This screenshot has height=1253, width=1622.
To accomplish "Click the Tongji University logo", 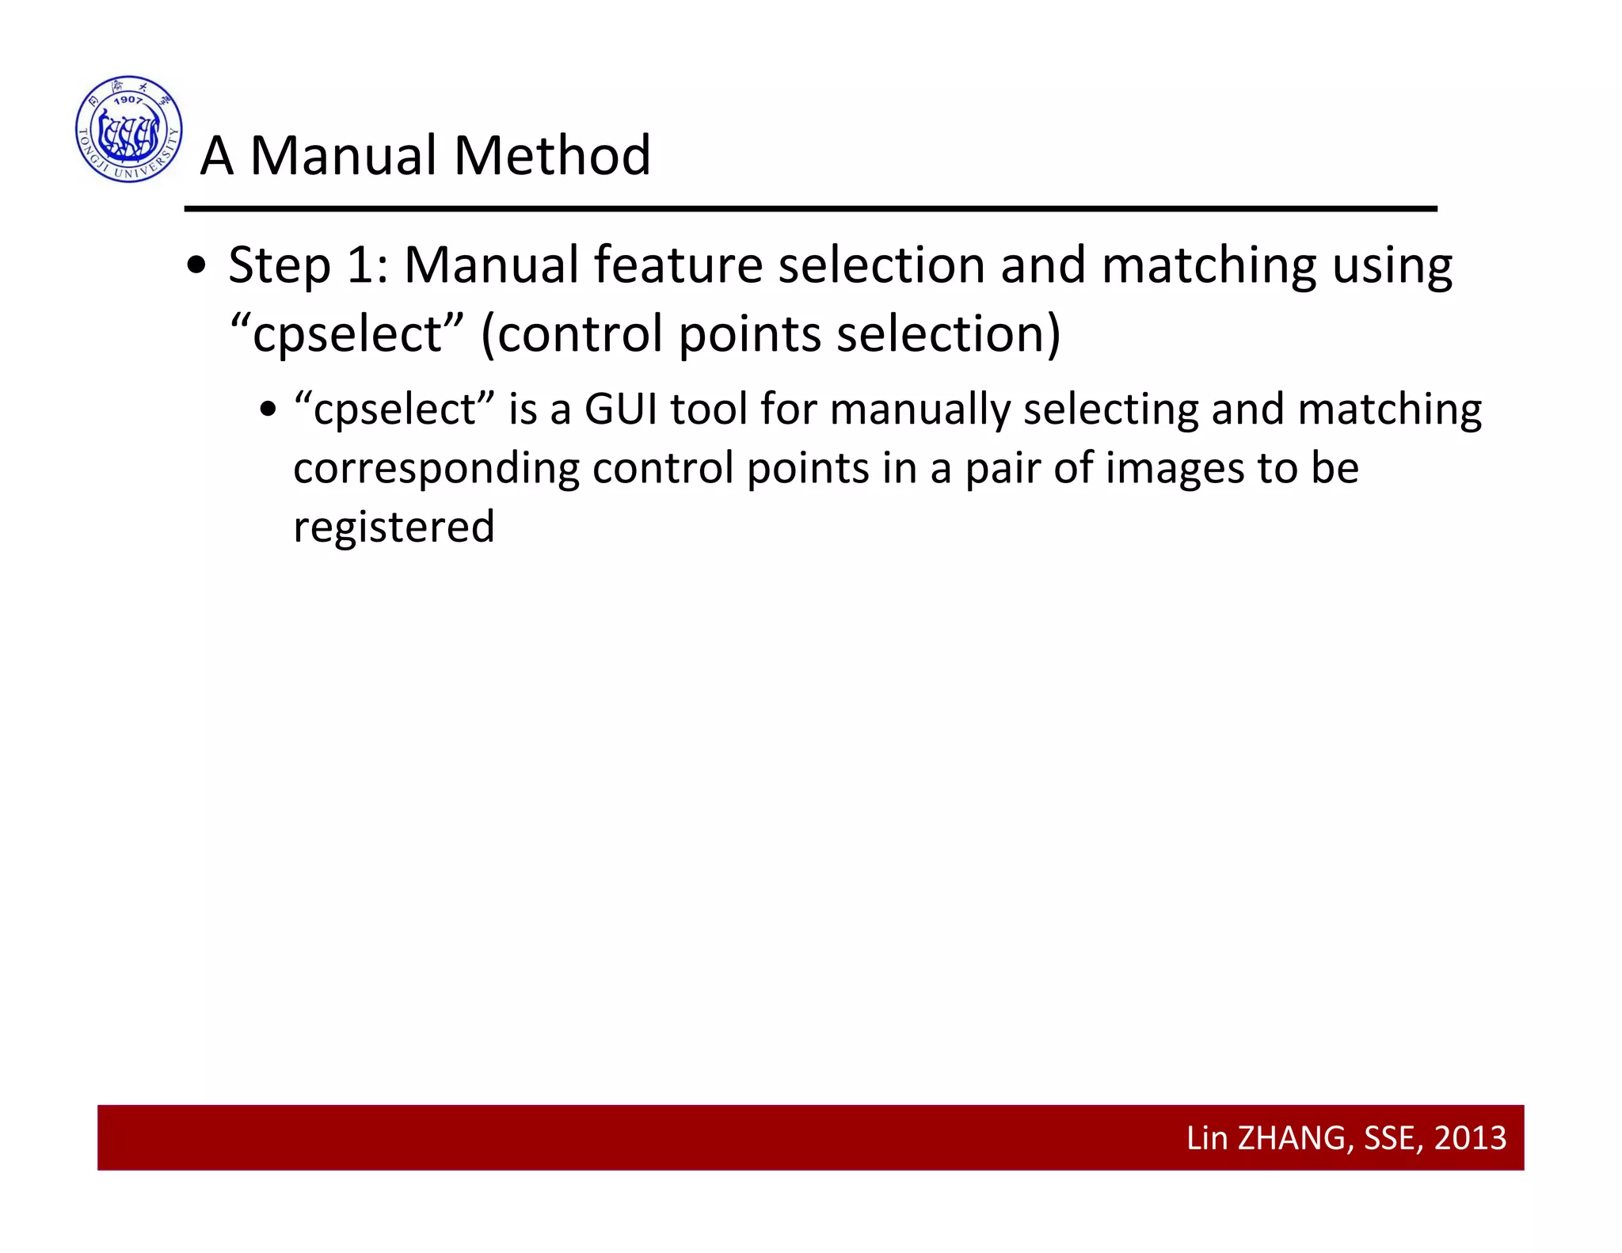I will [x=129, y=129].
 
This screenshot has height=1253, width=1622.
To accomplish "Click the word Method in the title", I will [x=552, y=155].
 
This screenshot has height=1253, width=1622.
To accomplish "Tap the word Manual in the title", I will [x=343, y=155].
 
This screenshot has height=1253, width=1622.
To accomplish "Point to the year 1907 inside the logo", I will [x=128, y=100].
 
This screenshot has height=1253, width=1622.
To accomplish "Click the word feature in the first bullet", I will [x=678, y=265].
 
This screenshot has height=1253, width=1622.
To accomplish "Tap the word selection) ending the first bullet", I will [x=948, y=334].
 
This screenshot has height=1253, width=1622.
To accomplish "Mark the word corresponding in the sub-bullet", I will [x=436, y=470].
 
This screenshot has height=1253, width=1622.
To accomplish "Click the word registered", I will [x=394, y=527].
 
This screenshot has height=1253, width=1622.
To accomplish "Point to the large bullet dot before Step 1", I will [x=196, y=267].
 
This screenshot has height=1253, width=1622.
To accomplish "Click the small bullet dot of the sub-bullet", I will [x=268, y=410].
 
